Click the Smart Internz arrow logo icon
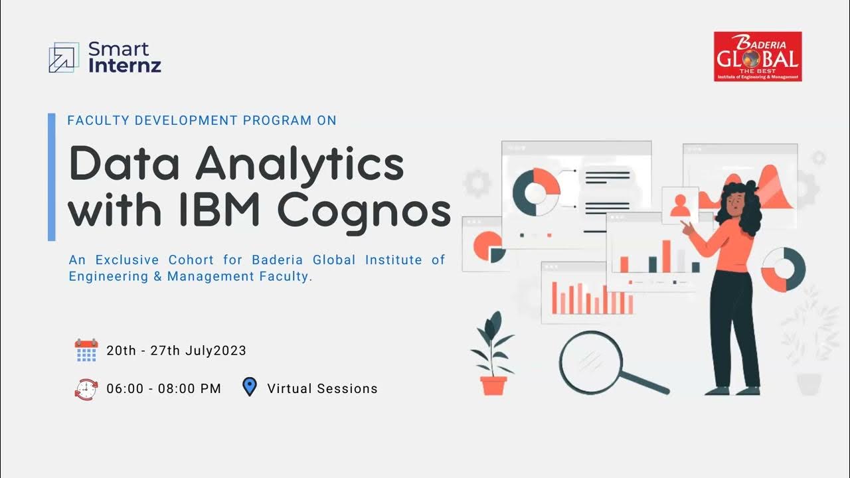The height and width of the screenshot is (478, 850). click(x=64, y=57)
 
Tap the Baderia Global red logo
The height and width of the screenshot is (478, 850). click(x=758, y=56)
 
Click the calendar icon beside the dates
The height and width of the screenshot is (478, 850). click(x=86, y=351)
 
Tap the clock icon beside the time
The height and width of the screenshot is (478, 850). click(x=86, y=388)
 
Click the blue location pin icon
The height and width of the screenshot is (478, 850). click(x=250, y=387)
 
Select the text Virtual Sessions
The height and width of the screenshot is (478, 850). click(x=322, y=389)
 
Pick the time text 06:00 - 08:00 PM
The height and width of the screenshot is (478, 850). click(x=163, y=389)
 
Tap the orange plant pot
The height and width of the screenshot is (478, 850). click(x=493, y=385)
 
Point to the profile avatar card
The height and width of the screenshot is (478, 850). click(x=680, y=205)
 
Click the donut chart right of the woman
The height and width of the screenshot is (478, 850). click(x=783, y=270)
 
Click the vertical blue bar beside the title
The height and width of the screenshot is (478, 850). click(x=52, y=177)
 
